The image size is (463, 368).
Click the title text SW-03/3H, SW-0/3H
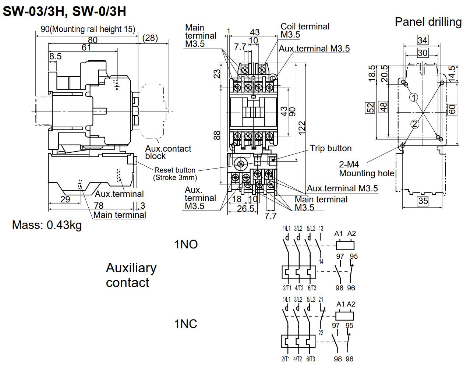[x=64, y=11]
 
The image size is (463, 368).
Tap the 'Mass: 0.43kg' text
[x=47, y=224]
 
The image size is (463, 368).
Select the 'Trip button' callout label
[x=331, y=148]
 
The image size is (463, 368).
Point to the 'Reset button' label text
[x=175, y=170]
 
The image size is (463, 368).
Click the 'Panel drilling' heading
[x=428, y=22]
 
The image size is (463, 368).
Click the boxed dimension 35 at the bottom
[x=423, y=201]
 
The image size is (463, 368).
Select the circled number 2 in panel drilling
[x=415, y=124]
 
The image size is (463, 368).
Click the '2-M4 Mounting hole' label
[x=367, y=169]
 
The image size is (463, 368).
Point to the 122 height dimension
[x=302, y=128]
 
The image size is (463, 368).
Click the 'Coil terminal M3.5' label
[x=305, y=31]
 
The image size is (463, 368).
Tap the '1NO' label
[x=186, y=244]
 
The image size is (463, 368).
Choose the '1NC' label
[x=186, y=324]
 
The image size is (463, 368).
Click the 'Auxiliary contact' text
[x=131, y=275]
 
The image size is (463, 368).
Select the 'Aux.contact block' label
[x=168, y=152]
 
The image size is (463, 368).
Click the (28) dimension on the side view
[x=150, y=38]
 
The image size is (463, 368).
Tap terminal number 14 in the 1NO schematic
[x=321, y=262]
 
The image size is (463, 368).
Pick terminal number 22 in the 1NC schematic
[x=321, y=333]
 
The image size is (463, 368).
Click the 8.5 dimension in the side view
[x=56, y=56]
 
